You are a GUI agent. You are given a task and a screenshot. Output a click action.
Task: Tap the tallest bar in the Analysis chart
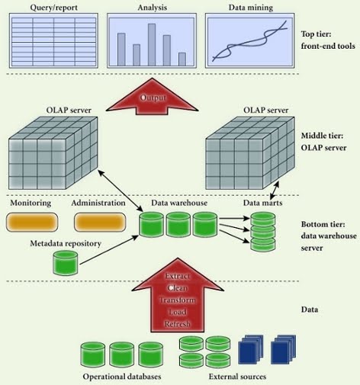[x=152, y=44]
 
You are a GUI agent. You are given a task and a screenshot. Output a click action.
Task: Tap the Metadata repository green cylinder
[x=65, y=263]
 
